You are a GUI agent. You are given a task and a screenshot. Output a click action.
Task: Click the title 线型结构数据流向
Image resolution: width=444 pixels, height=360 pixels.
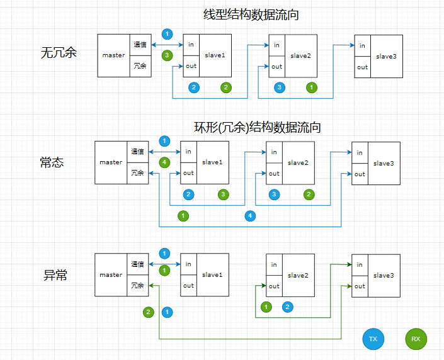(x=250, y=15)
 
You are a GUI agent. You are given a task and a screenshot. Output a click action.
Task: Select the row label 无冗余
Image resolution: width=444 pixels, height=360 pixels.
(x=59, y=53)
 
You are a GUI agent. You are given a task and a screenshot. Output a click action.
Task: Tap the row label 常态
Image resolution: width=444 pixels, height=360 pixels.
(x=52, y=162)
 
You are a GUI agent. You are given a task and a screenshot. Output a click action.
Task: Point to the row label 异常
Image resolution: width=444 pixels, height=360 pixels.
(x=55, y=275)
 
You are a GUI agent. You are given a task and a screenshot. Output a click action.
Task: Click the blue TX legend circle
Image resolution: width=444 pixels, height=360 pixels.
(x=373, y=339)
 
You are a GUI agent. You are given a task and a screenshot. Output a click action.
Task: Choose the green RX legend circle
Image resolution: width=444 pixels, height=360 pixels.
(x=416, y=339)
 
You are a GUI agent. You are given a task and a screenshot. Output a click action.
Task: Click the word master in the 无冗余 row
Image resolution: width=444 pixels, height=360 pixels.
(x=113, y=55)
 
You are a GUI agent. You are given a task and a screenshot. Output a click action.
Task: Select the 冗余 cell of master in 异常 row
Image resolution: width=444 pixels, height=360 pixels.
(x=137, y=286)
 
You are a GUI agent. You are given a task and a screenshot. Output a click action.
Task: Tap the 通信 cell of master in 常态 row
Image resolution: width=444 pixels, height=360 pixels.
(x=137, y=152)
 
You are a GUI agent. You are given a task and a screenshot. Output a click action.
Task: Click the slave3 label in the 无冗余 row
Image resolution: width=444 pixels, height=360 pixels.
(x=386, y=57)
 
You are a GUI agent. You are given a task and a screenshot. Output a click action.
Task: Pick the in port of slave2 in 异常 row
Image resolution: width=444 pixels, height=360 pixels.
(x=274, y=265)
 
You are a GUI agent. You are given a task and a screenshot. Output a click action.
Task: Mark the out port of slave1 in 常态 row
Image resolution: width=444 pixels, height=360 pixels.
(x=188, y=174)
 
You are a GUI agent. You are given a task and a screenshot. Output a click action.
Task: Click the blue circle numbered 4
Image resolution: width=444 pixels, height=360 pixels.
(x=251, y=216)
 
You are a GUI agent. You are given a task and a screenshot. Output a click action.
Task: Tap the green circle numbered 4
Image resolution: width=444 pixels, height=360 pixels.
(x=164, y=162)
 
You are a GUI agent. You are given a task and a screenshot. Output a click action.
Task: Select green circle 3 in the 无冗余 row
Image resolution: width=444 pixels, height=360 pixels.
(x=167, y=55)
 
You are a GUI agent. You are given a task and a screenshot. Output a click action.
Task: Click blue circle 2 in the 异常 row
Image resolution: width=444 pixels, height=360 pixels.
(x=288, y=307)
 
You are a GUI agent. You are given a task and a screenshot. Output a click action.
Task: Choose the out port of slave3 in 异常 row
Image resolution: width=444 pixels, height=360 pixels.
(x=360, y=286)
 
